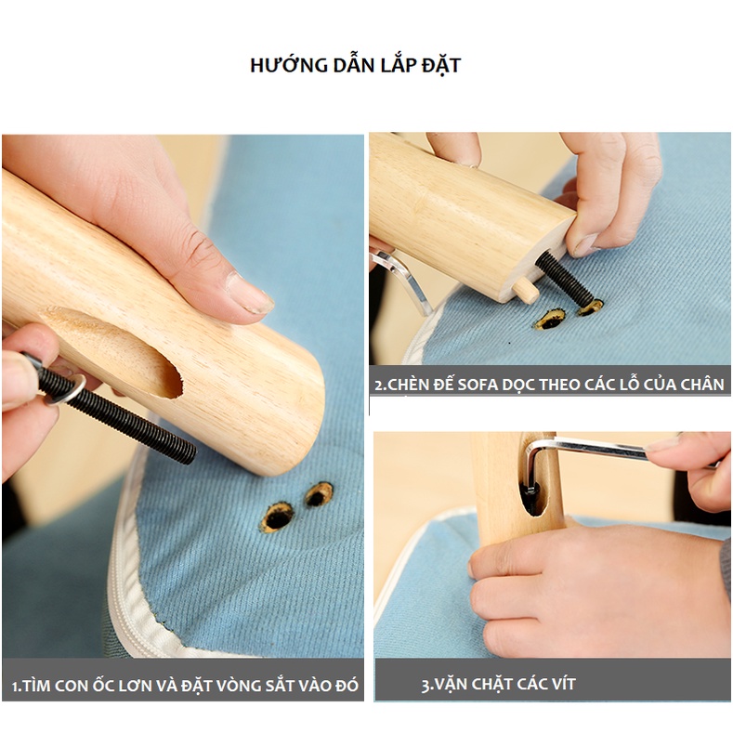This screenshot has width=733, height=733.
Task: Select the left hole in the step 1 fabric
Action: tap(277, 516)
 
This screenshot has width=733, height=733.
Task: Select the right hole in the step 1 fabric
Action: tap(319, 493)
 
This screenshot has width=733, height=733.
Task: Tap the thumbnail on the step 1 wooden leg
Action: tap(248, 295)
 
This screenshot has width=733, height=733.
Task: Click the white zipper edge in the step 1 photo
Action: tap(139, 576)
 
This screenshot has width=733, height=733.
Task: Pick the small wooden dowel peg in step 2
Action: tap(525, 290)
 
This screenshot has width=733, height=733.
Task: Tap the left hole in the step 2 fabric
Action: tap(549, 320)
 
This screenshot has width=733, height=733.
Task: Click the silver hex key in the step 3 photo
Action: tap(595, 452)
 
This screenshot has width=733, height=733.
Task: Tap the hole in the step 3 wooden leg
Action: tap(532, 497)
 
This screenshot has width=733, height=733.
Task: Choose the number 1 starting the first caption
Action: tap(16, 687)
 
